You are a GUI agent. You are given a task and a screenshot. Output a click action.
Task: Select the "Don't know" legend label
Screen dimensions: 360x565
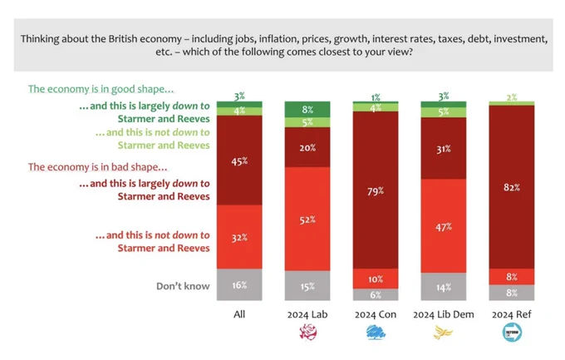coord(183,286)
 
